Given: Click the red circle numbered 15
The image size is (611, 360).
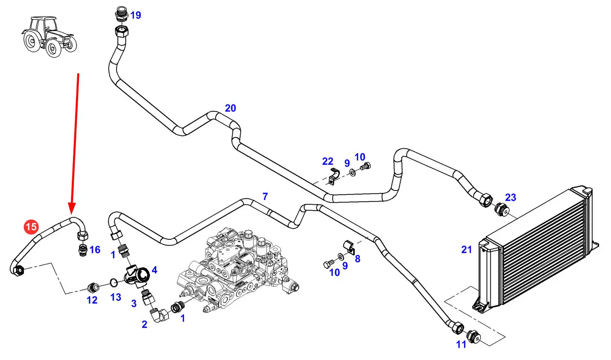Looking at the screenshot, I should (31, 227).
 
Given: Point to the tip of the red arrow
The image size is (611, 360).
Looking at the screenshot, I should (72, 213).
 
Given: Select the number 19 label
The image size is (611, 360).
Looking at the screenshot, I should (136, 15).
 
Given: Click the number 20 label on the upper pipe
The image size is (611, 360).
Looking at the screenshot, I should (230, 108).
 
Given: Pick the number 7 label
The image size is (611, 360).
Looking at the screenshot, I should (265, 197).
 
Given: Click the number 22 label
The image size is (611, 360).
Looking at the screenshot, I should (328, 161).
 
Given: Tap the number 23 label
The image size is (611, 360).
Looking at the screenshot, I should (510, 197).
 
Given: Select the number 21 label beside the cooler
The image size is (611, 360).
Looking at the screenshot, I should (466, 250).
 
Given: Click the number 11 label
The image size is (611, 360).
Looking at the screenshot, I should (461, 344).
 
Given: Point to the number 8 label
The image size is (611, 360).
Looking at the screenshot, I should (358, 259).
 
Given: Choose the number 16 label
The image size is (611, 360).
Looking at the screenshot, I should (95, 250).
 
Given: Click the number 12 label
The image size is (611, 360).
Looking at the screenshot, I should (92, 300).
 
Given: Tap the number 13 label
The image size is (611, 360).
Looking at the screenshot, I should (116, 297).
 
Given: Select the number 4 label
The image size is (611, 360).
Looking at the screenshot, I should (154, 270).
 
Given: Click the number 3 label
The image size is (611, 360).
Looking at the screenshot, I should (134, 304).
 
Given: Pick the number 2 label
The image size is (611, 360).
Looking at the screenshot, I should (145, 324).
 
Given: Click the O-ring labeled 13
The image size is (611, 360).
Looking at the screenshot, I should (114, 282).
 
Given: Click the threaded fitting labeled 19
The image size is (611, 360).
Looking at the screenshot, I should (121, 14).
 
